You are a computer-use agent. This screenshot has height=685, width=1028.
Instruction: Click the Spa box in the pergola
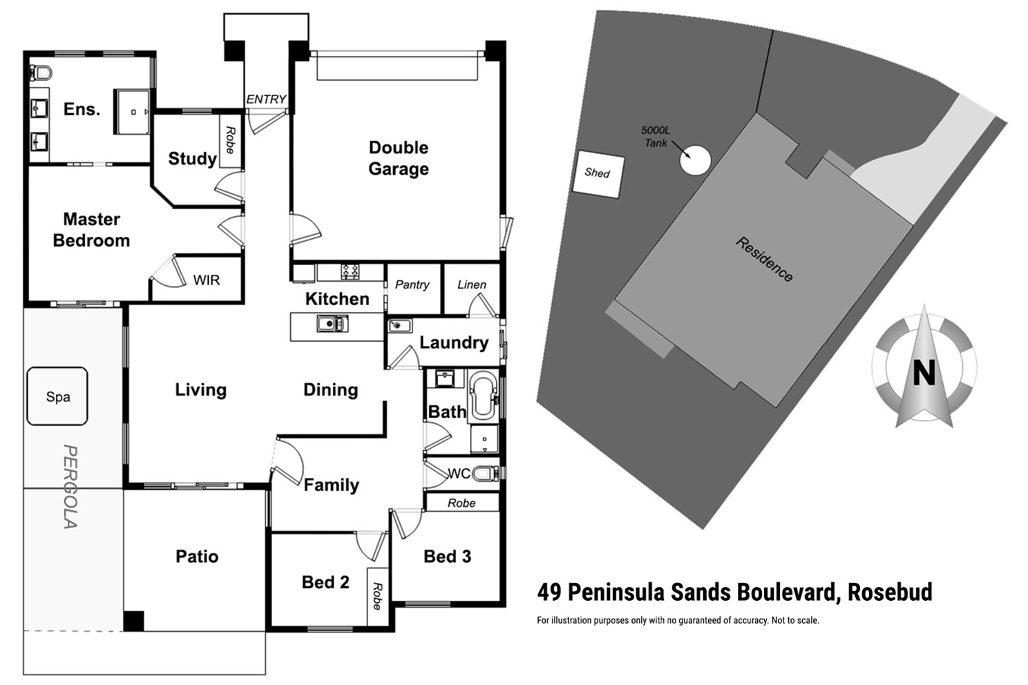[57, 396]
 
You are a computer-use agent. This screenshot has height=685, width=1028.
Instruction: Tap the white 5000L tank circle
[695, 160]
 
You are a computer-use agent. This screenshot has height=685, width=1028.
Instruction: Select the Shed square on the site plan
[598, 173]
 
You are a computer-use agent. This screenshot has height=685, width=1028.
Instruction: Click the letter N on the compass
[924, 373]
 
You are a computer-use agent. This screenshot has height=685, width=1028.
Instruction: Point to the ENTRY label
[266, 99]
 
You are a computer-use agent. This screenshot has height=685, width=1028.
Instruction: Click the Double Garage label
[399, 158]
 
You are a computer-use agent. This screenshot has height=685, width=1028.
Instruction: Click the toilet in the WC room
[486, 473]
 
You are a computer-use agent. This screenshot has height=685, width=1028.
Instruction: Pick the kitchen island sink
[332, 323]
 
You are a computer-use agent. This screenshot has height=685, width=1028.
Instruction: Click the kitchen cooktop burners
[350, 271]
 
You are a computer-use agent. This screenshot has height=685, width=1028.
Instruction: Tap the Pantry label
[412, 284]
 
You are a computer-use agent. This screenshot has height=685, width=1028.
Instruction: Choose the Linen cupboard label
[472, 284]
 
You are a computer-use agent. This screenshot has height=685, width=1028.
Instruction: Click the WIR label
[207, 280]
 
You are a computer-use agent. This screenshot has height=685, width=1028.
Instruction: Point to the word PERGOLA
[70, 486]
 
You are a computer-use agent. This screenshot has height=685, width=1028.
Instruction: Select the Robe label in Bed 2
[377, 596]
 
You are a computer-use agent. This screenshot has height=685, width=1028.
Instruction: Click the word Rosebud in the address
[890, 592]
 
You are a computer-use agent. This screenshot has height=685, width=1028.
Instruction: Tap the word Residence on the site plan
[764, 259]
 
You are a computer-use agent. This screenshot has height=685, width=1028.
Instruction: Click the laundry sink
[400, 325]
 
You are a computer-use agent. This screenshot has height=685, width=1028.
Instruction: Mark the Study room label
[192, 159]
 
